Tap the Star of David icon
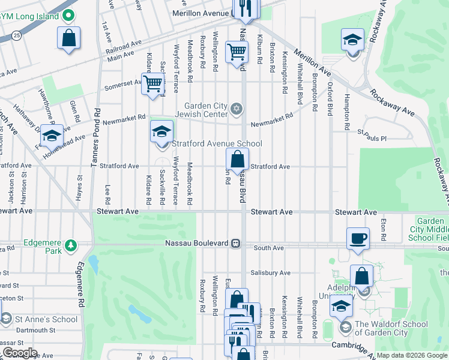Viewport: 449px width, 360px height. pyautogui.click(x=237, y=107)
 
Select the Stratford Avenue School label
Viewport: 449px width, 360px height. pyautogui.click(x=217, y=143)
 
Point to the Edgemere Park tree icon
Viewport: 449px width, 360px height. pyautogui.click(x=70, y=245)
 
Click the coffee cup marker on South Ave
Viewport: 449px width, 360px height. pyautogui.click(x=358, y=238)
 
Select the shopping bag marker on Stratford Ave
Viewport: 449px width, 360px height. pyautogui.click(x=238, y=160)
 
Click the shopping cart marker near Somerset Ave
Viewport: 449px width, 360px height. pyautogui.click(x=153, y=83)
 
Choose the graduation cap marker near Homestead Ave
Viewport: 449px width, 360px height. pyautogui.click(x=52, y=136)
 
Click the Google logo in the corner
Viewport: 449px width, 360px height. pyautogui.click(x=20, y=353)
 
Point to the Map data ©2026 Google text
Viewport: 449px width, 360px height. pyautogui.click(x=412, y=355)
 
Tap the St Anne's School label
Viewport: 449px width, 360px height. pyautogui.click(x=46, y=319)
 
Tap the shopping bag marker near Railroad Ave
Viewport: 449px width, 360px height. pyautogui.click(x=70, y=39)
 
